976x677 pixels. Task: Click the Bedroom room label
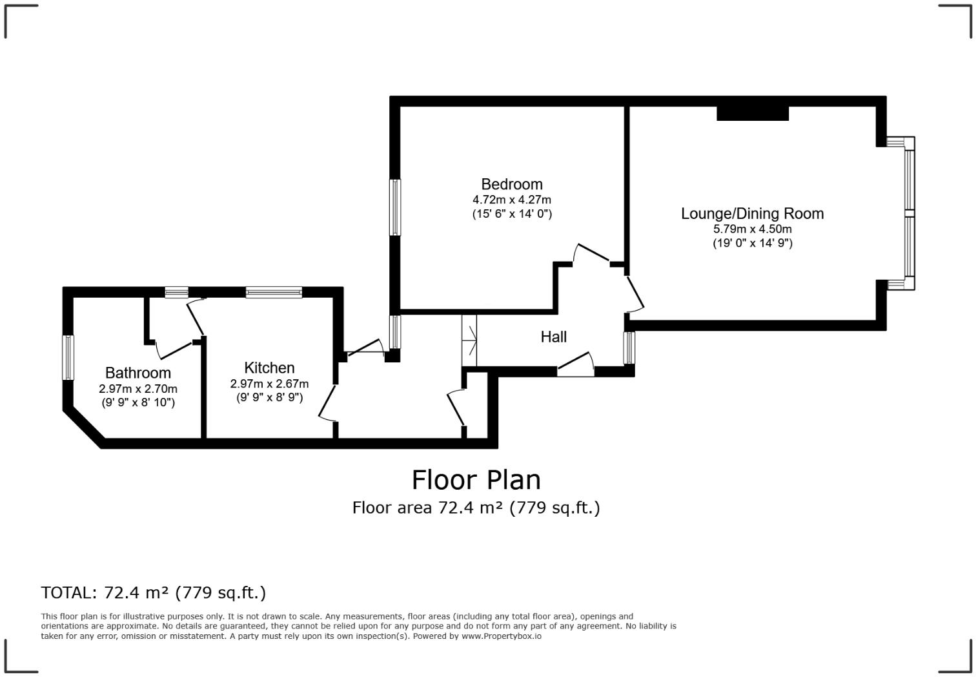click(512, 184)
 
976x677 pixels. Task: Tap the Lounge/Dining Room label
click(752, 213)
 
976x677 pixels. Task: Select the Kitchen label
click(269, 368)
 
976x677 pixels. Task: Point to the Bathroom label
click(138, 373)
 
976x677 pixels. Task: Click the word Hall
click(554, 337)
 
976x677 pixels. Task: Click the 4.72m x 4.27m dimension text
click(512, 200)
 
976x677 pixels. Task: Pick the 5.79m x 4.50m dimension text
click(752, 229)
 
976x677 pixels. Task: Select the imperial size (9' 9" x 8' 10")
click(138, 402)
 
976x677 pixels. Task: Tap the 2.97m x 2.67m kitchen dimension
click(269, 384)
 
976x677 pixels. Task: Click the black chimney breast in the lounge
click(753, 113)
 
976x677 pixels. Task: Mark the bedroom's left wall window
click(395, 207)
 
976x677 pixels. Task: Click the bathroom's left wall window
click(68, 357)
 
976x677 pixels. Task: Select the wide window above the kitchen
click(274, 293)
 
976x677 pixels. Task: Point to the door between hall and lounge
click(635, 294)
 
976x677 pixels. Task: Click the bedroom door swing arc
click(590, 252)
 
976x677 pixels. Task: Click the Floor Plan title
click(476, 480)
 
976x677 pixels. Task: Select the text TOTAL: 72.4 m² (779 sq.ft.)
click(154, 592)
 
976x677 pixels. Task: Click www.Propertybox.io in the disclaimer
click(502, 636)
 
